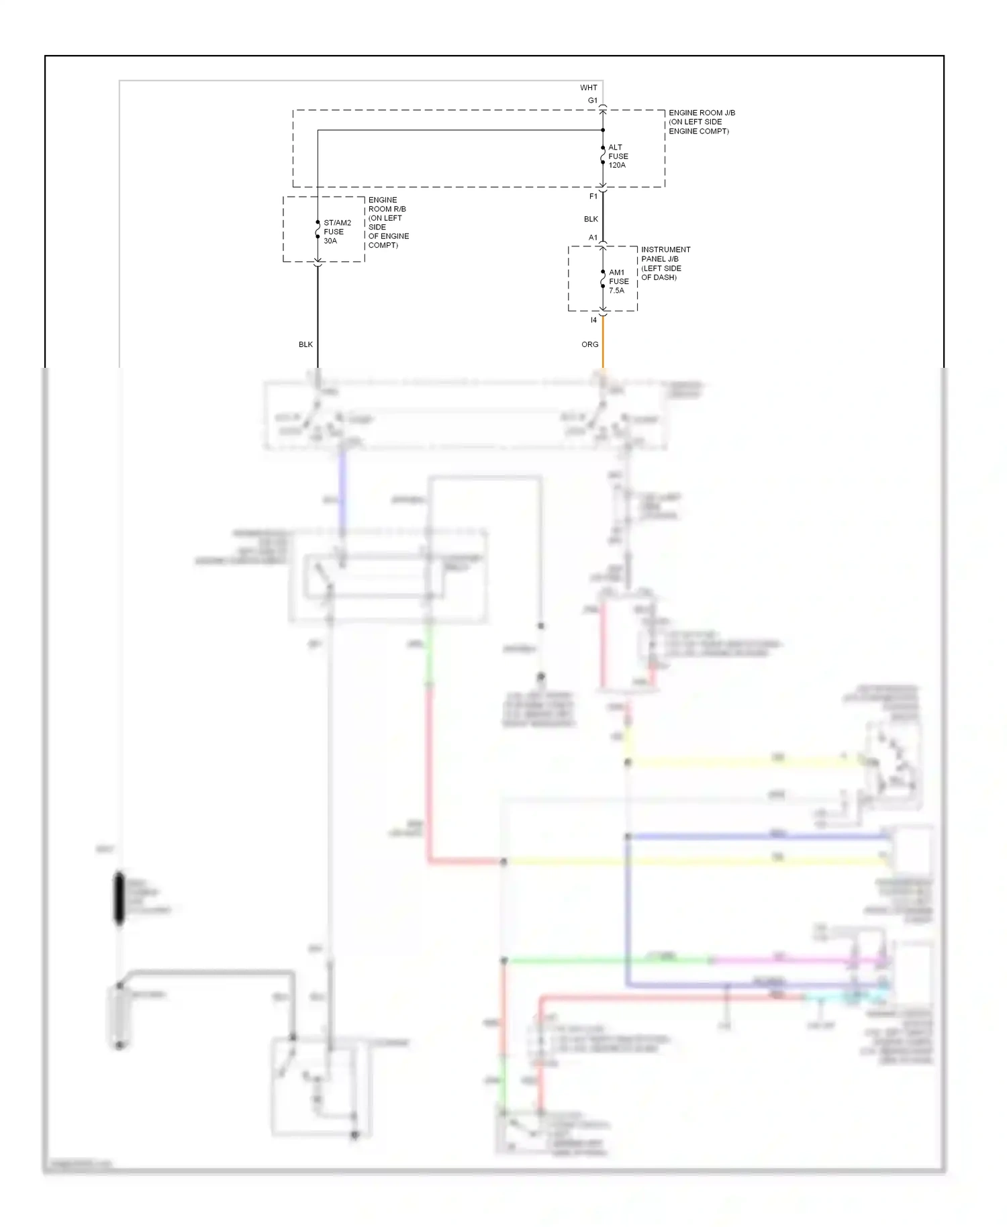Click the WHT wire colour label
point(588,88)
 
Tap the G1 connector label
point(592,101)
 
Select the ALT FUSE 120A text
point(618,156)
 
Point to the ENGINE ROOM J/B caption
point(701,122)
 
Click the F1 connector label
point(593,197)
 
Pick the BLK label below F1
point(591,219)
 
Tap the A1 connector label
point(593,238)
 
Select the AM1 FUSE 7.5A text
point(618,282)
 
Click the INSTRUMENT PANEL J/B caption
point(665,263)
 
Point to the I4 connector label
point(593,320)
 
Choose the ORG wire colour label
point(589,344)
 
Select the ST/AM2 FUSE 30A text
point(336,232)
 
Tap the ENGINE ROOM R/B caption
point(387,223)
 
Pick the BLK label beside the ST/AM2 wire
point(305,344)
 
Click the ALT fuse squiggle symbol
point(603,156)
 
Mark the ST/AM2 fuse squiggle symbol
point(318,230)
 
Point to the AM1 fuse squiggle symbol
point(603,279)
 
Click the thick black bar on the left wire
point(119,898)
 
